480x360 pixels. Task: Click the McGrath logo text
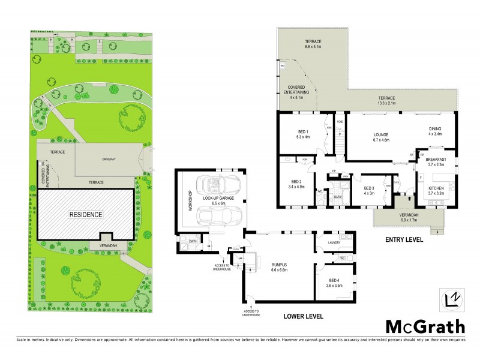click(x=424, y=327)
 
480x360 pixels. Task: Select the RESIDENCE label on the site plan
click(x=85, y=214)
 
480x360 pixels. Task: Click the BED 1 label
click(x=303, y=134)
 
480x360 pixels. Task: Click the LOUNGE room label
click(x=381, y=137)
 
